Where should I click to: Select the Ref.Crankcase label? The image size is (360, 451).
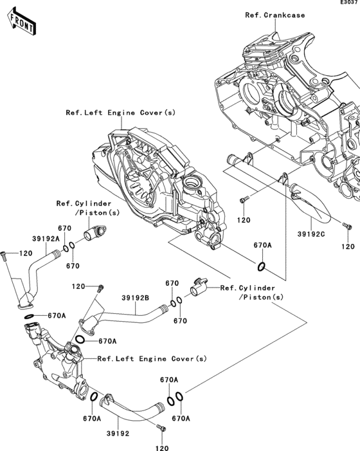coord(275,15)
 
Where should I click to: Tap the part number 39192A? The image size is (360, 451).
coord(46,239)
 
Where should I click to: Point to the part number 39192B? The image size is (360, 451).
coord(136,298)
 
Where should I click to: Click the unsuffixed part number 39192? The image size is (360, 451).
coord(118,434)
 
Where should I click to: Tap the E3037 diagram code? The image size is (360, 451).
coord(349,3)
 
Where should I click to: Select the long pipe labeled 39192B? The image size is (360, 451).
coord(127,317)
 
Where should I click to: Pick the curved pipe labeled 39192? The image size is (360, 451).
coord(129,409)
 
